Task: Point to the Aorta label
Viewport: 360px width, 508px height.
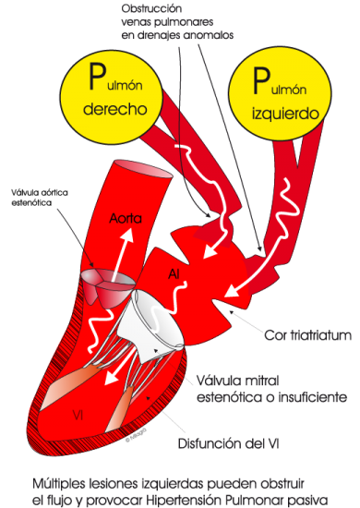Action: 125,220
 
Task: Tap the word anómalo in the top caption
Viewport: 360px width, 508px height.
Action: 209,36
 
